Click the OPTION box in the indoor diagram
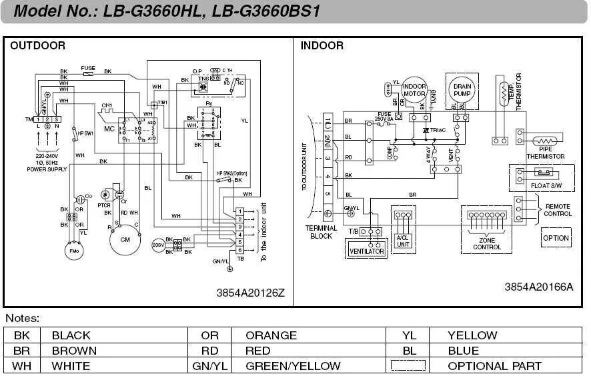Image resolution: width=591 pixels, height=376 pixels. click(x=556, y=238)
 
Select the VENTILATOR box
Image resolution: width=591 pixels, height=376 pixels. click(x=367, y=251)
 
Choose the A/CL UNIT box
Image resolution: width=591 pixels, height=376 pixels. click(x=403, y=241)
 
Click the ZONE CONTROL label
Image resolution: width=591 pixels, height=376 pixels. click(x=487, y=243)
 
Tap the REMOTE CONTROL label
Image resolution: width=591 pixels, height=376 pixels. click(x=558, y=210)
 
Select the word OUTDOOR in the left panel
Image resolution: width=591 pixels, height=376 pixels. click(x=38, y=46)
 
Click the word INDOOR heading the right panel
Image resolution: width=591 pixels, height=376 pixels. click(x=322, y=46)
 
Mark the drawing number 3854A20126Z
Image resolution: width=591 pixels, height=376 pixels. click(x=250, y=293)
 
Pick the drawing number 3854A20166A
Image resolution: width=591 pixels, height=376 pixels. click(x=538, y=287)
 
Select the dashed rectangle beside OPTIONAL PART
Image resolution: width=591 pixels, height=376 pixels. click(x=408, y=365)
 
